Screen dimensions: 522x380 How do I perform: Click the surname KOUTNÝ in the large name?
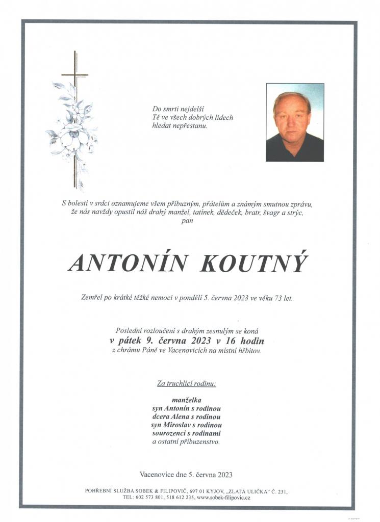(255, 263)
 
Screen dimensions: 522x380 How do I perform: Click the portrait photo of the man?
(295, 122)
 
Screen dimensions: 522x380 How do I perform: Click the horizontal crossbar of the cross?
(75, 75)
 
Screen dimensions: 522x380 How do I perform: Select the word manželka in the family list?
(187, 400)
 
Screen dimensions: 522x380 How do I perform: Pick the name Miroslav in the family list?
(180, 425)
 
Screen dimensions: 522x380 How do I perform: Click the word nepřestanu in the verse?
(190, 125)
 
